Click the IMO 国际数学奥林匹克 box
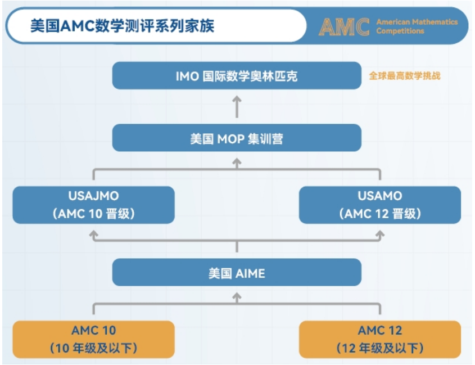click(237, 75)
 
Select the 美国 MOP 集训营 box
click(237, 138)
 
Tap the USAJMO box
click(94, 205)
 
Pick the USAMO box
click(380, 205)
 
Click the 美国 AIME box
click(237, 272)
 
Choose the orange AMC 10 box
click(94, 340)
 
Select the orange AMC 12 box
click(380, 340)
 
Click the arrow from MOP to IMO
click(237, 107)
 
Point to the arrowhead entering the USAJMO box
click(94, 234)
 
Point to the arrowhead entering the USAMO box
click(380, 234)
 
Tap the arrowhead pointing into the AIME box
click(237, 296)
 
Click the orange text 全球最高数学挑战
click(404, 76)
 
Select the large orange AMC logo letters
click(344, 27)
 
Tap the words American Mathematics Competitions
click(417, 26)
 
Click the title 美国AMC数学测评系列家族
click(122, 26)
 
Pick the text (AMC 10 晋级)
click(94, 214)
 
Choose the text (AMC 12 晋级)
click(380, 214)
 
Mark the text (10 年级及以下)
click(94, 348)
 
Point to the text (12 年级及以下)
click(380, 348)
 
